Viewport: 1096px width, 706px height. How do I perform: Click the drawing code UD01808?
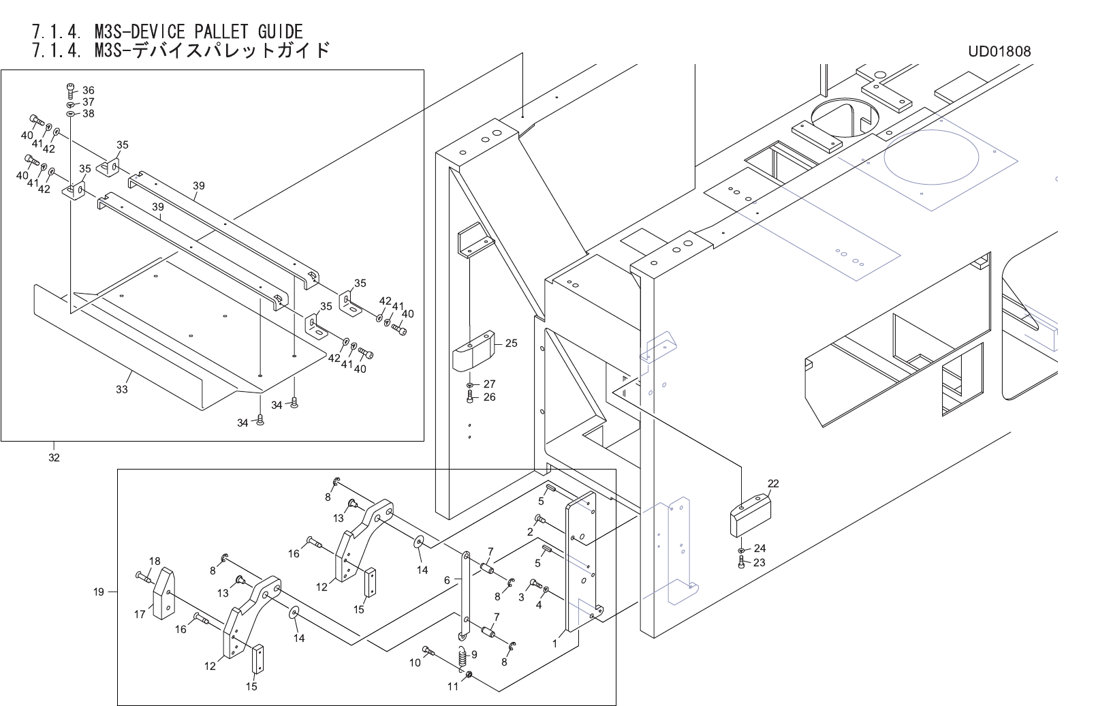click(999, 51)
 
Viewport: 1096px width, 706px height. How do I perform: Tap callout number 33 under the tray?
click(122, 390)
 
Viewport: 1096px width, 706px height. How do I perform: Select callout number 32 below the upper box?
click(54, 457)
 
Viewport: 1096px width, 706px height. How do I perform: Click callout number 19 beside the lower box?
click(99, 592)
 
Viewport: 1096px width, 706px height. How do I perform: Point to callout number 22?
click(773, 484)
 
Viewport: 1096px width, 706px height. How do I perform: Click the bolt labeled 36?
click(71, 88)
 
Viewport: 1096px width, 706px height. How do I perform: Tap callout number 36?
click(89, 90)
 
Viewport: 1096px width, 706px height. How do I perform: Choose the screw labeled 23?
click(741, 563)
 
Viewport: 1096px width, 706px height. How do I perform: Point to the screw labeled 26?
click(470, 398)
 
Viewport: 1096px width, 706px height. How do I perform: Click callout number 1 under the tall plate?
click(555, 643)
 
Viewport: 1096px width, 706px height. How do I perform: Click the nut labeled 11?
click(469, 676)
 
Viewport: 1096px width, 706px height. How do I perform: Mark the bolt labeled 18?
click(142, 577)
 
